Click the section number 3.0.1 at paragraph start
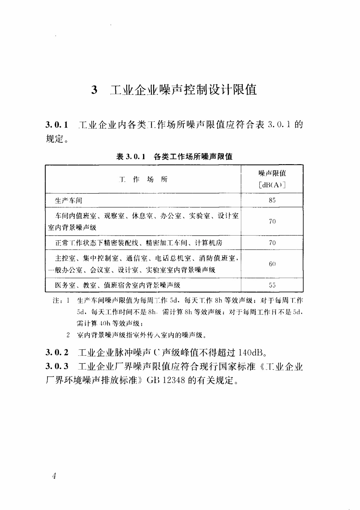(x=57, y=125)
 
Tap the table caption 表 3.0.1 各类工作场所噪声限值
(x=174, y=157)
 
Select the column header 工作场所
(x=143, y=179)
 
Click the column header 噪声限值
(x=272, y=173)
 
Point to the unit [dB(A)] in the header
(x=272, y=185)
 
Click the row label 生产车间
(x=68, y=200)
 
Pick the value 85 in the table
(x=272, y=200)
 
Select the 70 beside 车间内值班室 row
(x=272, y=222)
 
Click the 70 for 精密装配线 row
(x=272, y=243)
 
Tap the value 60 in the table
(x=272, y=264)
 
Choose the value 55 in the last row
(x=272, y=285)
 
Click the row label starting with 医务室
(x=118, y=285)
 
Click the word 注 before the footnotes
(x=56, y=301)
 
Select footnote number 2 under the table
(x=68, y=335)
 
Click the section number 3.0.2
(x=57, y=352)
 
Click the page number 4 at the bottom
(x=54, y=476)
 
